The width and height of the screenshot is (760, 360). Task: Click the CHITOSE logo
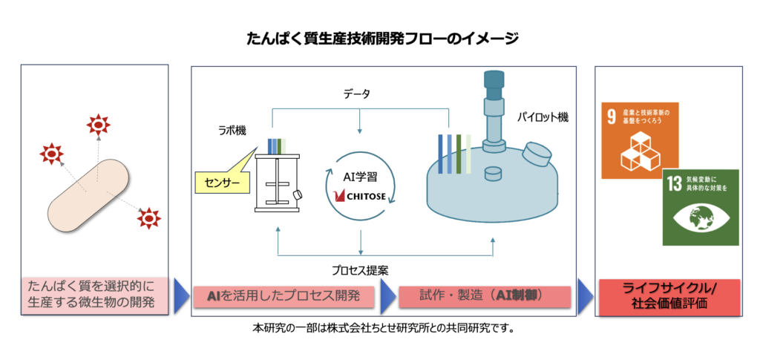tap(360, 197)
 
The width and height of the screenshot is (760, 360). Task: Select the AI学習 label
tap(359, 178)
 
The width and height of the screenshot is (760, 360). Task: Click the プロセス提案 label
tap(360, 269)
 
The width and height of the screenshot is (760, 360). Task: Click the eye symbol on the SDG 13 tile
tap(700, 218)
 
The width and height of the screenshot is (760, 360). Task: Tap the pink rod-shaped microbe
tap(89, 193)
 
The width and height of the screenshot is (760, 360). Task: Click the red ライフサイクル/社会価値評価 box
tap(668, 297)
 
